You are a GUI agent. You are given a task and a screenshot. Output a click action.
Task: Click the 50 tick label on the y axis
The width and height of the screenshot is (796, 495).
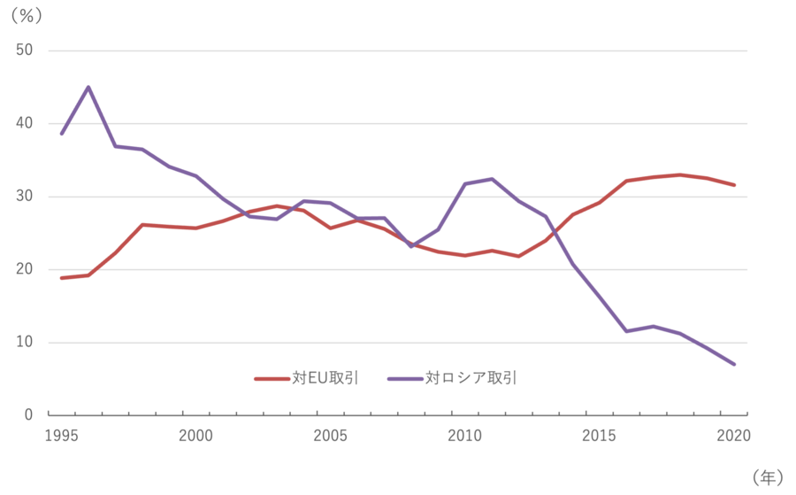(x=24, y=50)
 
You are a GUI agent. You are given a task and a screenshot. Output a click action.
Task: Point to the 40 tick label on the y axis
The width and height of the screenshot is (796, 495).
(x=24, y=124)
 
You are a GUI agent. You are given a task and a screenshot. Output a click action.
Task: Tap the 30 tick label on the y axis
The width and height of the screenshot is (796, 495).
(x=24, y=197)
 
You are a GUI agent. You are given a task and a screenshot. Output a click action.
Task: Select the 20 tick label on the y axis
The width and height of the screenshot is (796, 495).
(x=24, y=270)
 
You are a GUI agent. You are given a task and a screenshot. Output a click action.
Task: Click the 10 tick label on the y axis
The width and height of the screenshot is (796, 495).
(x=24, y=343)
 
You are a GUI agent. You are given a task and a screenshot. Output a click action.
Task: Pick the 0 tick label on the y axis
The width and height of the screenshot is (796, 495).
(x=28, y=415)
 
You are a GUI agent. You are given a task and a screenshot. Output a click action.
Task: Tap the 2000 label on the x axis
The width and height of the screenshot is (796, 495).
(x=195, y=436)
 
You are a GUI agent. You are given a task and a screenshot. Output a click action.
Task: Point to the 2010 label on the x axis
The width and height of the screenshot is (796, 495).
(x=464, y=436)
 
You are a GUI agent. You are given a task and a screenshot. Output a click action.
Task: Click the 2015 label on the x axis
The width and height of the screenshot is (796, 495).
(x=599, y=436)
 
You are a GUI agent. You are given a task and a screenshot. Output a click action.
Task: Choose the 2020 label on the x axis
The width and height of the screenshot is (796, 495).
(x=733, y=436)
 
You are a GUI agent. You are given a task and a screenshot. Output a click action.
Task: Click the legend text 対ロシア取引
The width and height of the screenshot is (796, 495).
(x=471, y=378)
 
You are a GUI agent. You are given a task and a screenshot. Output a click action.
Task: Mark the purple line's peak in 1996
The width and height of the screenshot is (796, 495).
(x=88, y=87)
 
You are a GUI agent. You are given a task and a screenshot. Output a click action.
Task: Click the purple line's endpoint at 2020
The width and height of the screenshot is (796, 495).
(x=734, y=364)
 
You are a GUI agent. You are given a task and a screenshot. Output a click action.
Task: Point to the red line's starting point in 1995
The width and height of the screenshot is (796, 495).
(x=61, y=278)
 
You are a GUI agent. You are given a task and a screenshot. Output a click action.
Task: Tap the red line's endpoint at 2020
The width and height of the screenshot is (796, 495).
(x=734, y=185)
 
